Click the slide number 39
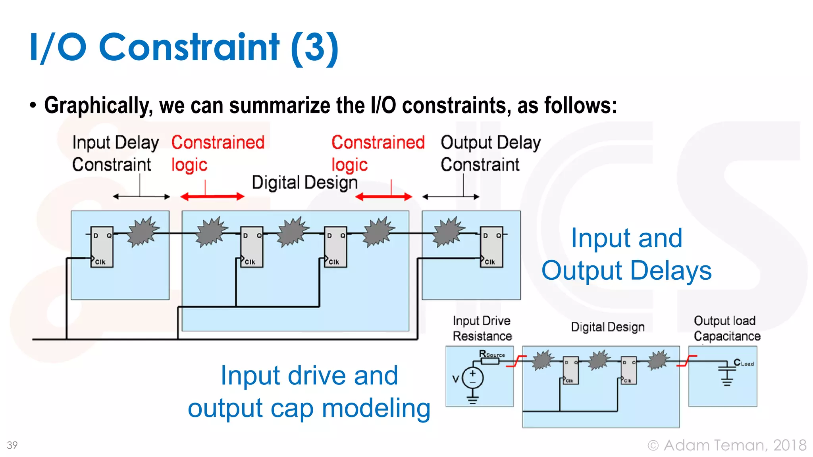tap(12, 445)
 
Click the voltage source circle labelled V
tap(472, 378)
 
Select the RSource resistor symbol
tap(490, 361)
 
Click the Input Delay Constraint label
tap(115, 154)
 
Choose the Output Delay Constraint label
tap(490, 154)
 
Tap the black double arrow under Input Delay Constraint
tap(141, 196)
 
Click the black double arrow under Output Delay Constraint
tap(451, 196)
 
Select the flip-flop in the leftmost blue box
tap(102, 247)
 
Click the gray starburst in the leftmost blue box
tap(143, 231)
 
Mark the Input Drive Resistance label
tap(482, 328)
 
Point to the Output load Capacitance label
tap(727, 328)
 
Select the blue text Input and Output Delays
tap(626, 254)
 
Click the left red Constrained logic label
tap(218, 154)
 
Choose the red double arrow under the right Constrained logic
tap(383, 197)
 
